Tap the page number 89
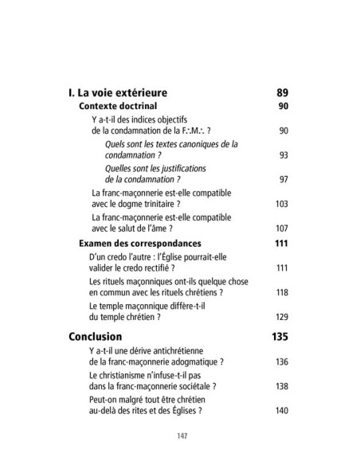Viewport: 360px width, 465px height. [x=280, y=92]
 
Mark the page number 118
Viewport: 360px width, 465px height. [x=280, y=292]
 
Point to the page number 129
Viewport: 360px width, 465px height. [x=280, y=316]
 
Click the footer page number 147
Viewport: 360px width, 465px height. [x=180, y=437]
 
